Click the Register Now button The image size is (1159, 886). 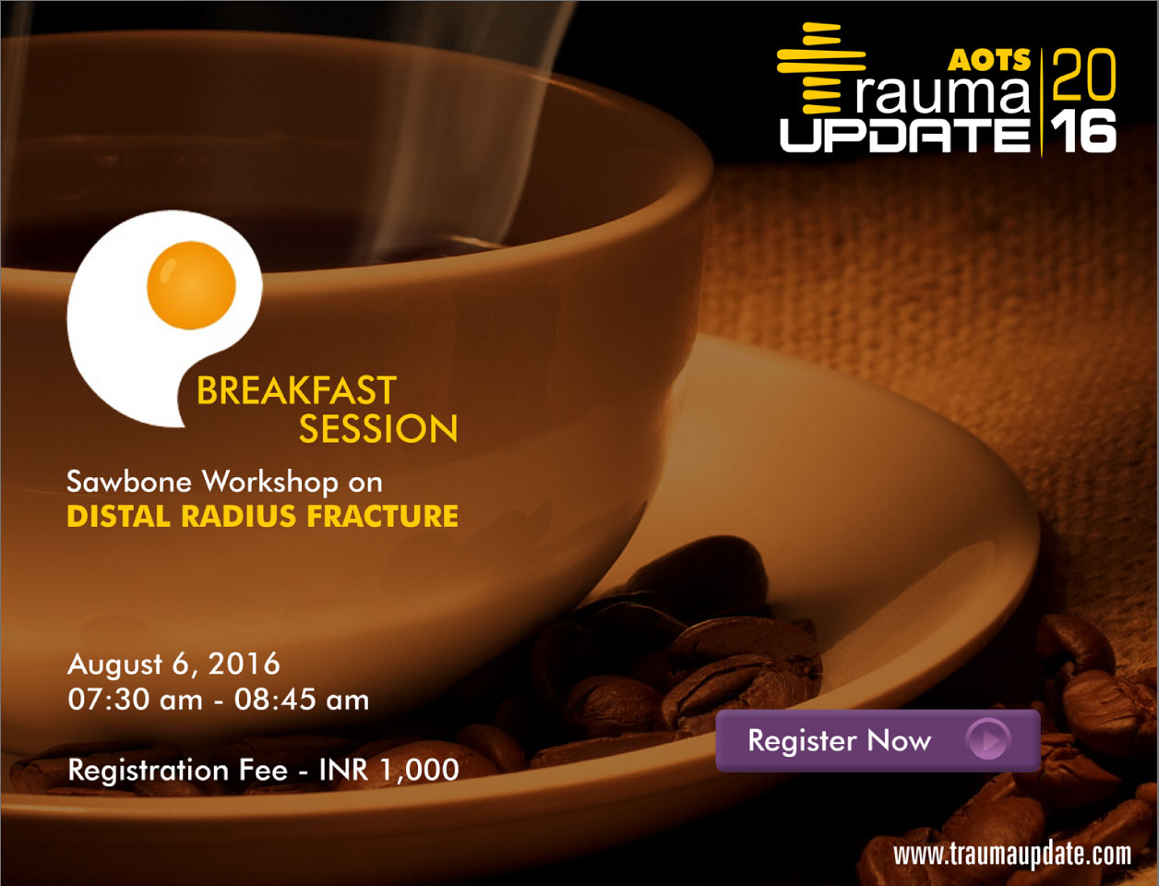pyautogui.click(x=878, y=740)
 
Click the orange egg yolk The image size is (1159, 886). pyautogui.click(x=191, y=285)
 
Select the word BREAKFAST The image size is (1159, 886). pyautogui.click(x=296, y=390)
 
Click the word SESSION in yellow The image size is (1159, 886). pyautogui.click(x=378, y=429)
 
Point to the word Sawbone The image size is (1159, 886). pyautogui.click(x=129, y=482)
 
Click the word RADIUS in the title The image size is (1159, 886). pyautogui.click(x=239, y=516)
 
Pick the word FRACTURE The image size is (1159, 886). pyautogui.click(x=382, y=516)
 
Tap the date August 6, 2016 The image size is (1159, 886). pyautogui.click(x=173, y=664)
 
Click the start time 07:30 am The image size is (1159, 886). pyautogui.click(x=135, y=700)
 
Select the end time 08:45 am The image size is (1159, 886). pyautogui.click(x=302, y=700)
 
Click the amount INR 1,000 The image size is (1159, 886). pyautogui.click(x=389, y=770)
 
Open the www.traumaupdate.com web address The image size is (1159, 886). pyautogui.click(x=1012, y=855)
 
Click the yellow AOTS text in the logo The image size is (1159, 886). pyautogui.click(x=989, y=60)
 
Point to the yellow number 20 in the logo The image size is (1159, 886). pyautogui.click(x=1083, y=75)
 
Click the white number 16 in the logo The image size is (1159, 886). pyautogui.click(x=1083, y=131)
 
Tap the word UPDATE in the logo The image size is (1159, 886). pyautogui.click(x=905, y=135)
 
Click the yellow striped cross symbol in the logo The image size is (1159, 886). pyautogui.click(x=821, y=67)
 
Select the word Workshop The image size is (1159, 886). pyautogui.click(x=271, y=483)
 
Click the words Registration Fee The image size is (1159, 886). pyautogui.click(x=178, y=770)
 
